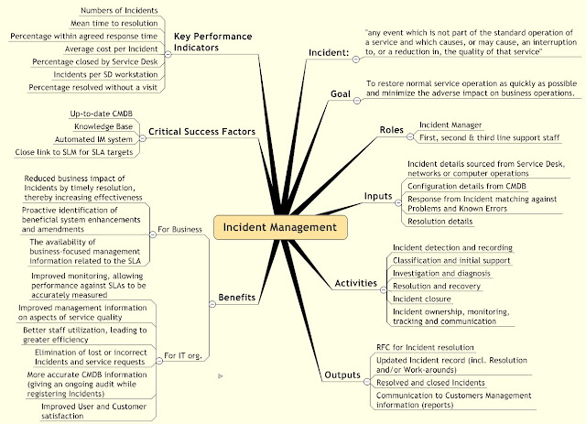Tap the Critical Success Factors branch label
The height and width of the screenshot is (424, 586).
(200, 131)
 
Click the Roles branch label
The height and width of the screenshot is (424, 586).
(391, 130)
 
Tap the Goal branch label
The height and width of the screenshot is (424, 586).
(341, 94)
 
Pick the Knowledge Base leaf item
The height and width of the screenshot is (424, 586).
(104, 125)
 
